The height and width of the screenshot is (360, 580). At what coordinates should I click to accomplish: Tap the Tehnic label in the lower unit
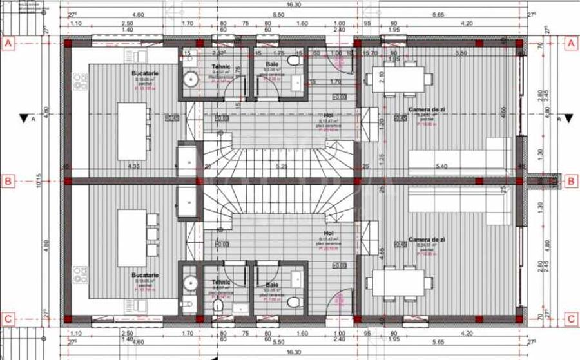pos(220,282)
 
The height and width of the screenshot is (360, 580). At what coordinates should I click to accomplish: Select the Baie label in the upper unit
pos(272,65)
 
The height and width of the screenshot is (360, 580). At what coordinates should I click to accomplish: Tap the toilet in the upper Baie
pos(294,61)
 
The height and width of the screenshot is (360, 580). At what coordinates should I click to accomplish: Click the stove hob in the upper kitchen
pos(81,81)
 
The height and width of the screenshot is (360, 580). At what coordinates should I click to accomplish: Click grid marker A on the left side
pos(8,44)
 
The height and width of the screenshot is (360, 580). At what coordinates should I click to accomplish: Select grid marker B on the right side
pos(570,182)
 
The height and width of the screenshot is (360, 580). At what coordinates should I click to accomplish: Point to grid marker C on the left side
pos(8,318)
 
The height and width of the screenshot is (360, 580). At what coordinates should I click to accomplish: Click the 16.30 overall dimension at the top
pos(293,4)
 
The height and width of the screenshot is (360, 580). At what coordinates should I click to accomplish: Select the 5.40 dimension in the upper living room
pos(441,166)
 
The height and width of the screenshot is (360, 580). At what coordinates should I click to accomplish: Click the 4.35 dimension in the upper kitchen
pos(133,166)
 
